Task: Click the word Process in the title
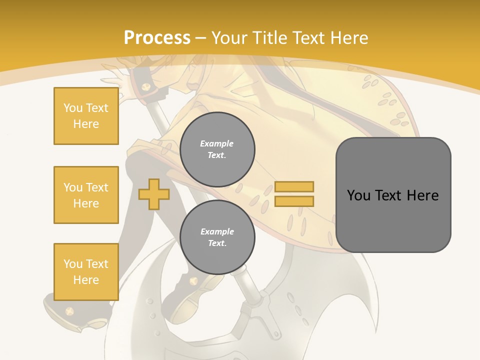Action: pos(157,38)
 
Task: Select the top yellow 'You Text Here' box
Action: pos(86,116)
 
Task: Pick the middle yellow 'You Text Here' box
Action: pos(86,195)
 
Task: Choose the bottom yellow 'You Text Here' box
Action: pos(86,272)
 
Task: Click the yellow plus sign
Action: pos(153,194)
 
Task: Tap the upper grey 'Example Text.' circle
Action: pos(217,149)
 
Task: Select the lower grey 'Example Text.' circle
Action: pos(217,237)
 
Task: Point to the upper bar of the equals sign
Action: pos(294,186)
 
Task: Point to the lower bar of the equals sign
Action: pos(294,201)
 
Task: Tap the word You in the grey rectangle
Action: pos(358,195)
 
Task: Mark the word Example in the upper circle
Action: pos(217,143)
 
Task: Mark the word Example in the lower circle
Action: pos(217,231)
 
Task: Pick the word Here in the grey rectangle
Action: pos(423,195)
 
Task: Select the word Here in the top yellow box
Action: pos(86,124)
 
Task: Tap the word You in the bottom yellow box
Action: pos(73,264)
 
